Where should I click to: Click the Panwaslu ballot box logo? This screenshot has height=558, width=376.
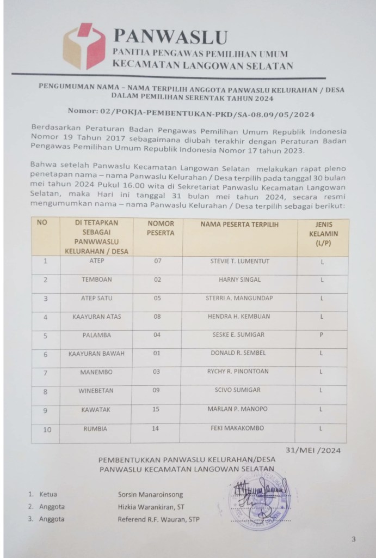84,46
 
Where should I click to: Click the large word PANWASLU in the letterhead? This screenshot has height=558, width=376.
170,37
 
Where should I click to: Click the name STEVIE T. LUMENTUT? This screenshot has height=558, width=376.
239,262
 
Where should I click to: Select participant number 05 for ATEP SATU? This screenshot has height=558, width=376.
157,298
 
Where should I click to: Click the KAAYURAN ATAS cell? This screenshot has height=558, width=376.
96,317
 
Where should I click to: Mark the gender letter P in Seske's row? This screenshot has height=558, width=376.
322,335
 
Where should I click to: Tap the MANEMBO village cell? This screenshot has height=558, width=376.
96,372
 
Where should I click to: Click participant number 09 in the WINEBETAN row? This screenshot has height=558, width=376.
157,390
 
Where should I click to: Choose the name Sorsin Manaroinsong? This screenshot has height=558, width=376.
151,495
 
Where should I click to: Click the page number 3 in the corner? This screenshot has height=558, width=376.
353,540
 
